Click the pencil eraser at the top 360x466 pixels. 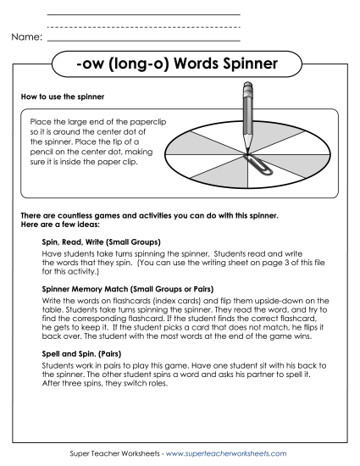tap(248, 86)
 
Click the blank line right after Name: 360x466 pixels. tap(144, 39)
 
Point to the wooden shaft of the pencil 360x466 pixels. tap(247, 119)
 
